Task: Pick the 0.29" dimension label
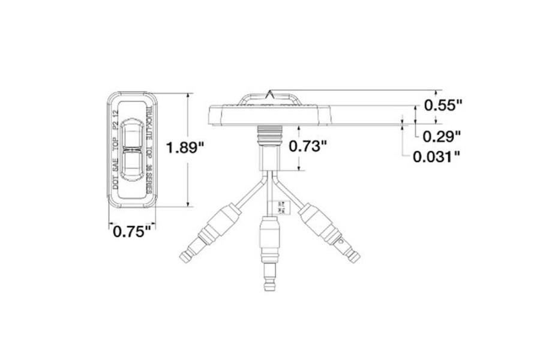442,136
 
